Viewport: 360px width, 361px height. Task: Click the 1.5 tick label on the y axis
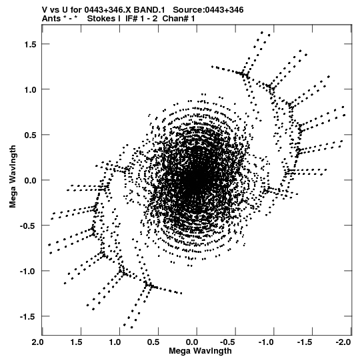click(x=30, y=44)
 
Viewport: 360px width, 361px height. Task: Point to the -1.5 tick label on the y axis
click(x=28, y=316)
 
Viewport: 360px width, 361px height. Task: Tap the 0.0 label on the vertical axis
click(x=30, y=180)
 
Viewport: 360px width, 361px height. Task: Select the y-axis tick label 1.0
click(x=30, y=89)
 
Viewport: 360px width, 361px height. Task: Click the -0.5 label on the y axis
click(x=28, y=226)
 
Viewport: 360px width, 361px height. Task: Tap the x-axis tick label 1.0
click(x=115, y=342)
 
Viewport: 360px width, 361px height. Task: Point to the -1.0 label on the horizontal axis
click(x=266, y=342)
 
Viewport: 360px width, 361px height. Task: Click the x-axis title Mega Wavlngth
click(x=200, y=351)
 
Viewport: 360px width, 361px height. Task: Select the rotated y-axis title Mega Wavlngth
click(x=13, y=177)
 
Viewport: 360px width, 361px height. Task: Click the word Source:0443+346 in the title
click(x=208, y=10)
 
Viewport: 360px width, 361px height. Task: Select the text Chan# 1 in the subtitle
click(x=179, y=19)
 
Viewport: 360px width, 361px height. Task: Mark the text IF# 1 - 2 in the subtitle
click(x=141, y=19)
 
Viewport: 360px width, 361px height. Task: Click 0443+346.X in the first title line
click(x=108, y=10)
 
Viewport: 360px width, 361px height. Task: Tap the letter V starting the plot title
click(x=45, y=10)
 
